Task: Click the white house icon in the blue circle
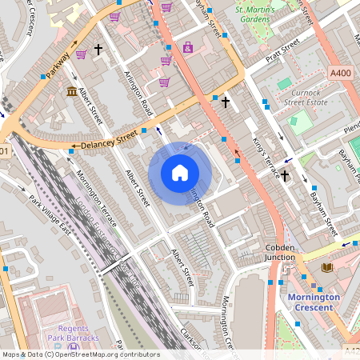click(x=180, y=173)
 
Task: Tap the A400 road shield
click(x=341, y=73)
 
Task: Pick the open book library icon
click(x=326, y=267)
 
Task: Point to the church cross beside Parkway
click(x=99, y=50)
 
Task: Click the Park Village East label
click(x=49, y=214)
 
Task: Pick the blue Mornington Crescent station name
click(x=313, y=302)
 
